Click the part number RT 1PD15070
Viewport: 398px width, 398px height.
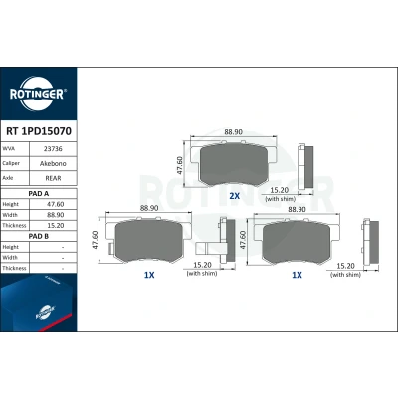39,131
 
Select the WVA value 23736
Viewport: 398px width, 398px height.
53,149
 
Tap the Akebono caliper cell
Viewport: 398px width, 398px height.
53,163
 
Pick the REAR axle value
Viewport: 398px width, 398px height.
53,178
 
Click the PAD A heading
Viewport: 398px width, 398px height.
39,194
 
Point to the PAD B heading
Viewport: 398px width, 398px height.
39,236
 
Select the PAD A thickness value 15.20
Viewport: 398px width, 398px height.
56,226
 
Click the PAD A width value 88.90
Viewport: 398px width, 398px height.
56,215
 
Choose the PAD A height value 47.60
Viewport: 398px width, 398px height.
56,204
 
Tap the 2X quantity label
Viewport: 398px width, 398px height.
234,196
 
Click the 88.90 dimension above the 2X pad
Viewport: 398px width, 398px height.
233,132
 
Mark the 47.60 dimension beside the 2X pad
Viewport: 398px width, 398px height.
179,165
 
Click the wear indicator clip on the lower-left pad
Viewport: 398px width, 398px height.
110,248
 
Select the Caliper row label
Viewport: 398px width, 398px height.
11,163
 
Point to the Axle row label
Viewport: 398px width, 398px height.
8,178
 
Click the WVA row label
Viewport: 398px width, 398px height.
9,149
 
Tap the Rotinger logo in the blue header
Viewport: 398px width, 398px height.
37,94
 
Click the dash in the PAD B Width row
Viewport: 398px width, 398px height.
63,258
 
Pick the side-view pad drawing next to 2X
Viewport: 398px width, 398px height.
305,167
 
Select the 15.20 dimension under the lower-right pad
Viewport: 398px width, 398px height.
345,266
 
